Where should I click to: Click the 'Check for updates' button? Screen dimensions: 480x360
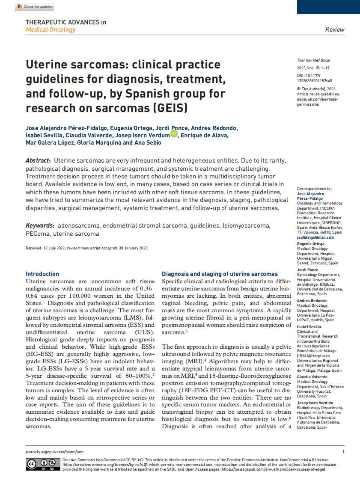pyautogui.click(x=34, y=7)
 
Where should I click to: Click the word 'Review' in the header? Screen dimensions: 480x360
pyautogui.click(x=335, y=30)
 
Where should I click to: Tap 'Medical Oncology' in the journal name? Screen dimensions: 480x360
pyautogui.click(x=51, y=30)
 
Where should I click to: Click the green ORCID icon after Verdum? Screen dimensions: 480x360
pyautogui.click(x=174, y=134)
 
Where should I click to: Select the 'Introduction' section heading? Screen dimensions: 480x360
pyautogui.click(x=42, y=274)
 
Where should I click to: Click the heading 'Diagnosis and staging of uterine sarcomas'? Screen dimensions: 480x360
pyautogui.click(x=220, y=274)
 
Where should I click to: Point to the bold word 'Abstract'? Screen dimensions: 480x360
pyautogui.click(x=38, y=160)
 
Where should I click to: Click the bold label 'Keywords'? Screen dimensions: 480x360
pyautogui.click(x=40, y=225)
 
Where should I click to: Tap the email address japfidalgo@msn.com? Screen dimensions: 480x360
pyautogui.click(x=316, y=237)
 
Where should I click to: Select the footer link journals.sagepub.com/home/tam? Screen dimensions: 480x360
pyautogui.click(x=54, y=452)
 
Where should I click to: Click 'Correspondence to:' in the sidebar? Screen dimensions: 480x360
pyautogui.click(x=314, y=188)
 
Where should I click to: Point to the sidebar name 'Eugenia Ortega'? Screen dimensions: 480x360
pyautogui.click(x=311, y=244)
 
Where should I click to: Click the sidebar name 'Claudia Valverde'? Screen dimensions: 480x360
pyautogui.click(x=313, y=376)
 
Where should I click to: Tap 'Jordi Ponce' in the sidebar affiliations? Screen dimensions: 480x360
pyautogui.click(x=307, y=270)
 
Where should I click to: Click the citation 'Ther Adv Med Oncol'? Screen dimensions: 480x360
pyautogui.click(x=313, y=60)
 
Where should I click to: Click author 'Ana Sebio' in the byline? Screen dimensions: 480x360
pyautogui.click(x=148, y=143)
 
